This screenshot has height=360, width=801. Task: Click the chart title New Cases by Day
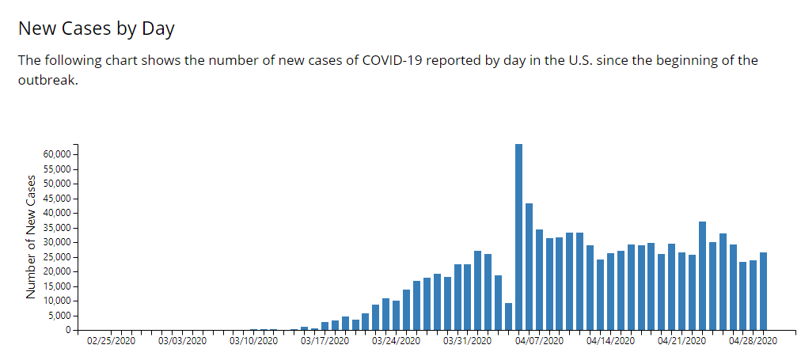point(96,29)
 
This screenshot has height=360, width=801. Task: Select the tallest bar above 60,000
point(518,237)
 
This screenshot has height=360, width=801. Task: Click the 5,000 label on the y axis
point(62,316)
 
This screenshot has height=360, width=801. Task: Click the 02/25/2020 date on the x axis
point(112,341)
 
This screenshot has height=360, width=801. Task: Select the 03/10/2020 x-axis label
point(254,341)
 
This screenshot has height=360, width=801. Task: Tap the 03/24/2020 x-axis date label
point(397,341)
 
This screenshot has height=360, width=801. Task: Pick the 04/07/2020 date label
point(539,341)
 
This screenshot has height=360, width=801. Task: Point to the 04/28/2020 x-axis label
point(753,341)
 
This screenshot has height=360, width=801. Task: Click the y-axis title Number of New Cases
point(32,237)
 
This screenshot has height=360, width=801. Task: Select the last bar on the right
point(763,291)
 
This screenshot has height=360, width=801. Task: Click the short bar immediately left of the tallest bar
point(508,316)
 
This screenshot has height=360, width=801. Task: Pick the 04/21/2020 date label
point(681,341)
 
